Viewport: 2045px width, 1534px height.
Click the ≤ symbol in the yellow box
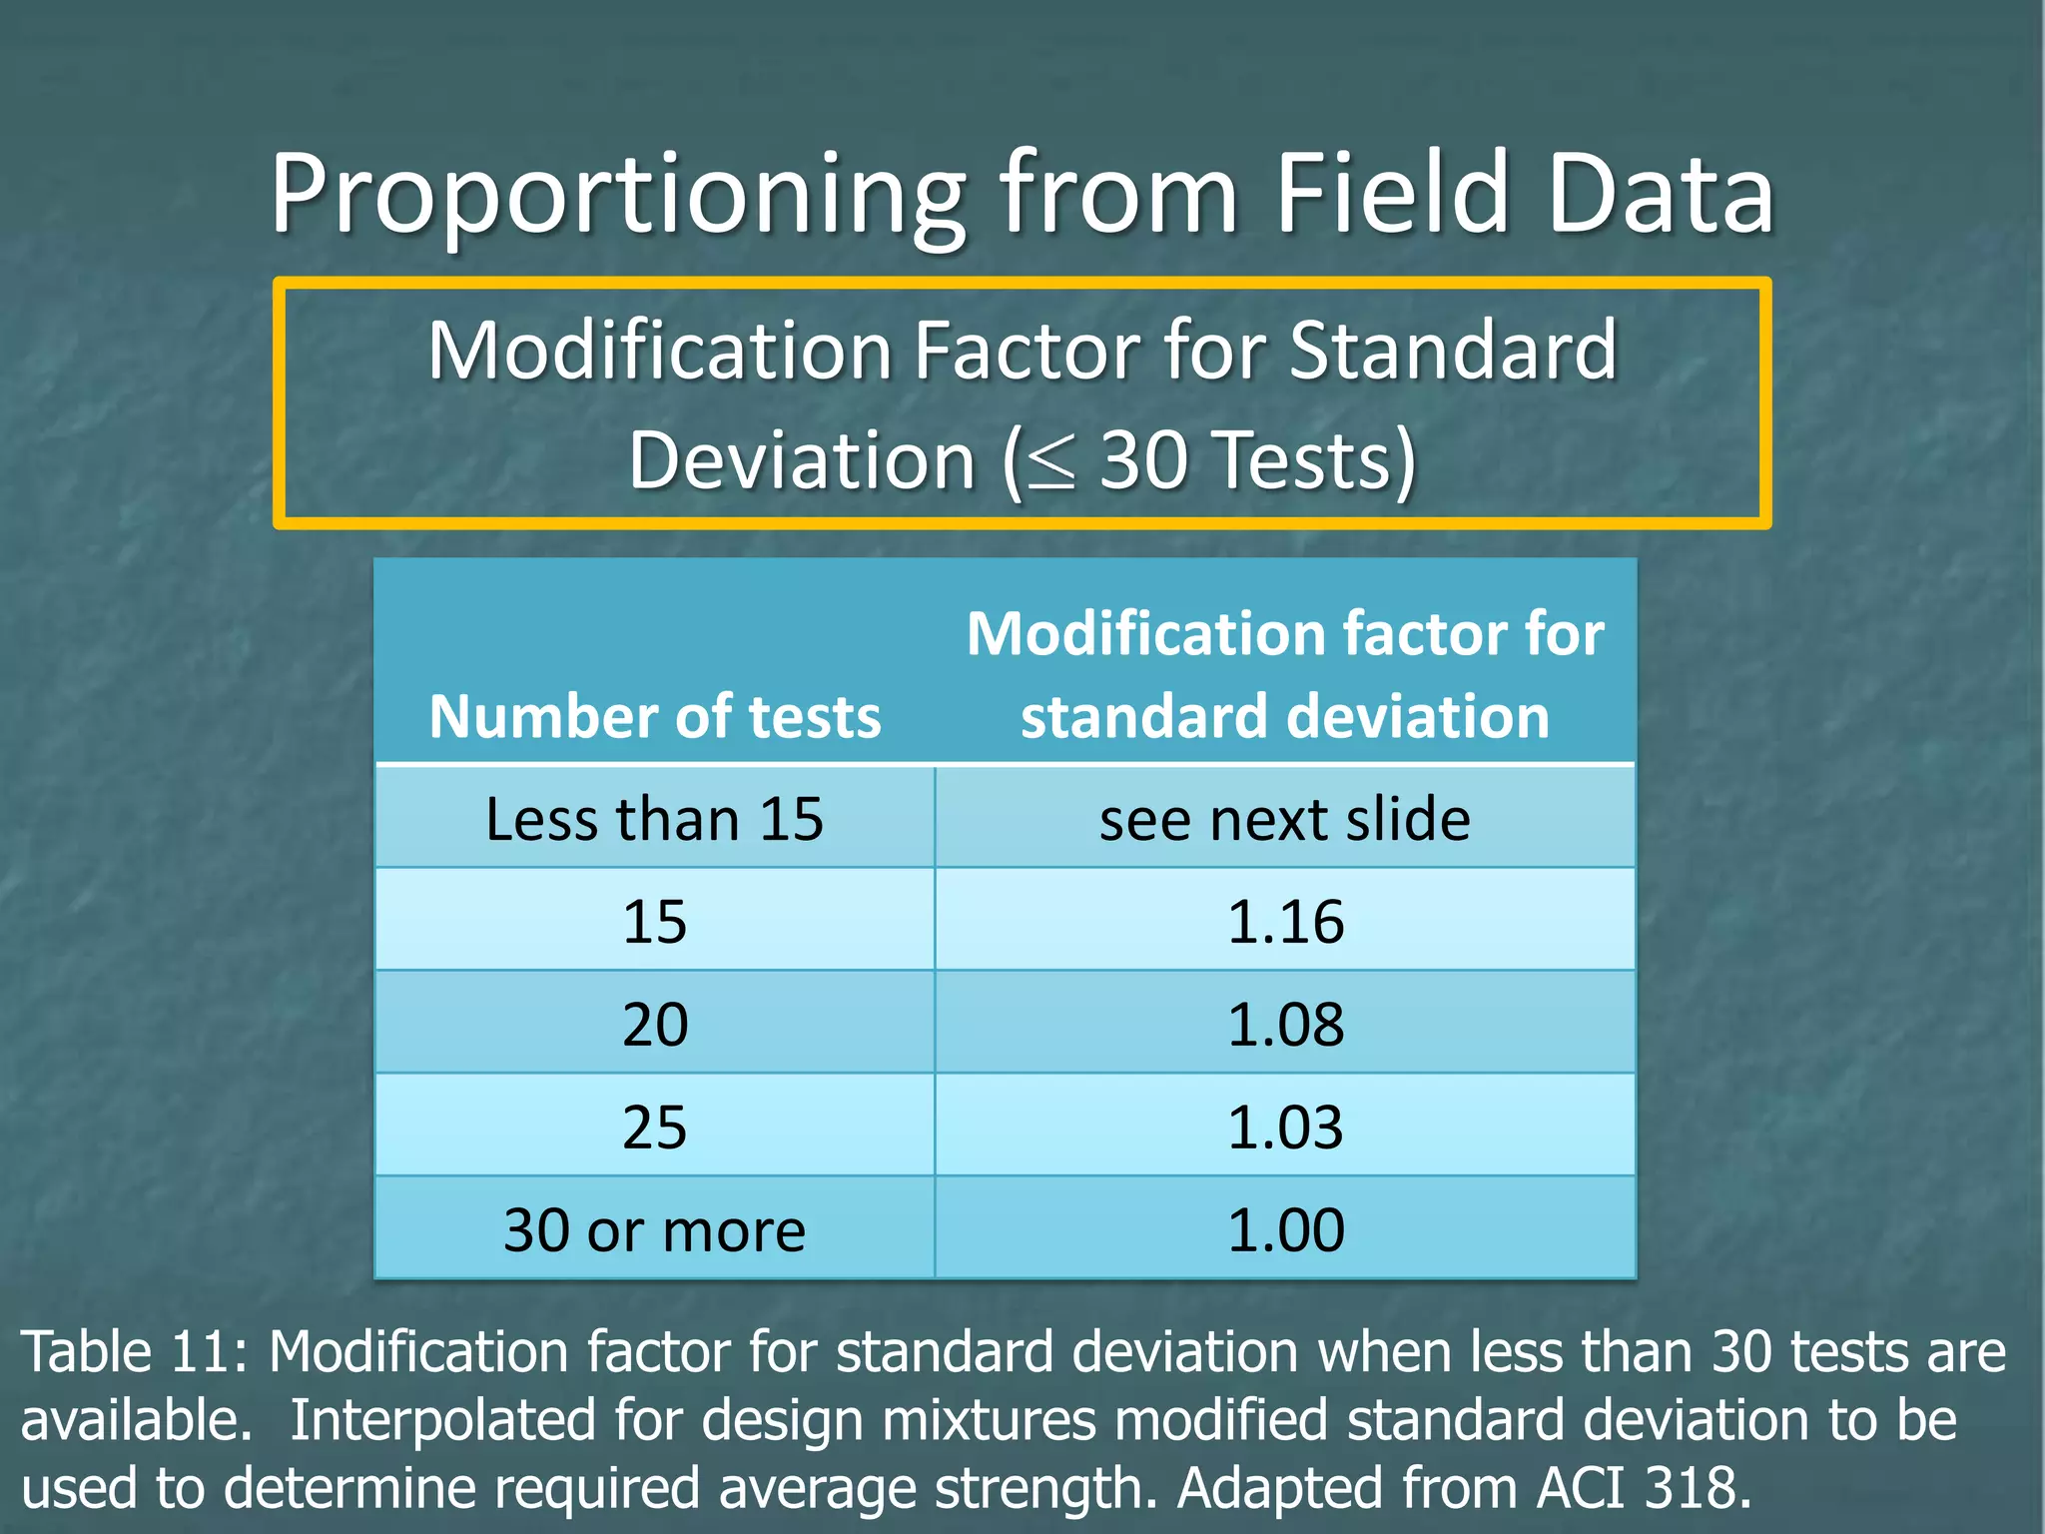[x=1051, y=462]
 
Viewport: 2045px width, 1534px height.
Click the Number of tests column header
[x=655, y=716]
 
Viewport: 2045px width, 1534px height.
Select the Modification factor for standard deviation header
[x=1285, y=675]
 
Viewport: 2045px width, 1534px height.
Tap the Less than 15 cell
[x=655, y=819]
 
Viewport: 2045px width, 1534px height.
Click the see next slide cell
[x=1285, y=819]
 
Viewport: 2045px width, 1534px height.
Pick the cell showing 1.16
[x=1285, y=921]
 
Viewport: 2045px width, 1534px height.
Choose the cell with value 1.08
[x=1285, y=1024]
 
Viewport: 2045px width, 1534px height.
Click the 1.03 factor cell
[x=1285, y=1127]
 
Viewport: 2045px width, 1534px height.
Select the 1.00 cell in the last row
[x=1285, y=1229]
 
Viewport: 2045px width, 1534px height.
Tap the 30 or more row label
[x=655, y=1229]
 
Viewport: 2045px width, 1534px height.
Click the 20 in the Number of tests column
[x=655, y=1024]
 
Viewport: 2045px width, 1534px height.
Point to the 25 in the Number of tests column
[x=655, y=1127]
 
